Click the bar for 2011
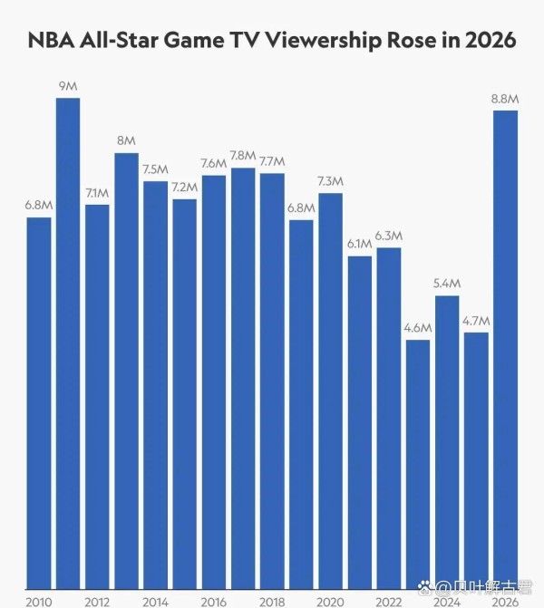[x=68, y=344]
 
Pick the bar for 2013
[x=126, y=372]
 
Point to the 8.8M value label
[x=505, y=99]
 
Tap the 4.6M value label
[x=418, y=328]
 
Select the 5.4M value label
[x=447, y=284]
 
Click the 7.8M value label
[x=243, y=156]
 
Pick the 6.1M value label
[x=360, y=244]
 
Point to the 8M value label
[x=126, y=140]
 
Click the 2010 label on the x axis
[x=39, y=600]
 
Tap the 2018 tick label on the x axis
[x=272, y=600]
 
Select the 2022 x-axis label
[x=389, y=600]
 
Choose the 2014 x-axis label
[x=156, y=600]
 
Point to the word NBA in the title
[x=52, y=41]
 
